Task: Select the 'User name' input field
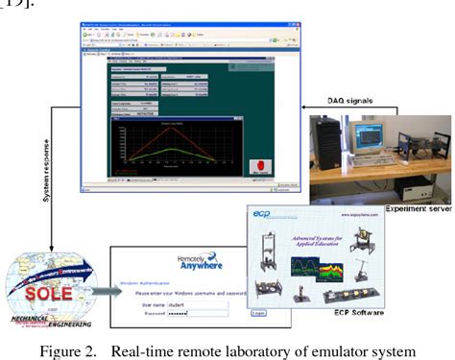[200, 302]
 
